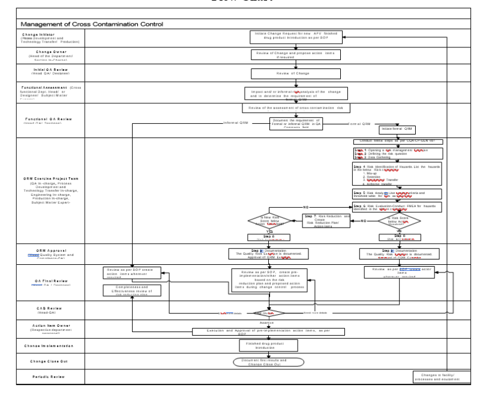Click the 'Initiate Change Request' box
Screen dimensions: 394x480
(295, 38)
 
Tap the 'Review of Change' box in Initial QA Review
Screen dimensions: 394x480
(295, 74)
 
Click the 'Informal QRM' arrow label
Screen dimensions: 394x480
(235, 123)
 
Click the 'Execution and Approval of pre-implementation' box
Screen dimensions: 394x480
(268, 332)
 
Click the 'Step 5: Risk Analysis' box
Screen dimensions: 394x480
(397, 194)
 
